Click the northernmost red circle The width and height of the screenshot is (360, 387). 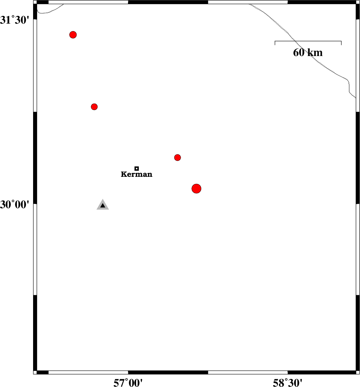click(73, 35)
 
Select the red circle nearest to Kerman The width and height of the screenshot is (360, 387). click(177, 158)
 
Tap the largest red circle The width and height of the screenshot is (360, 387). click(197, 189)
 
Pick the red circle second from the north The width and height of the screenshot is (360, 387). click(94, 107)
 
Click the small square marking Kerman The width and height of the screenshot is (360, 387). click(137, 169)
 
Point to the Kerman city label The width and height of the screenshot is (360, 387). click(137, 174)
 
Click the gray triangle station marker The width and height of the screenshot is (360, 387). click(103, 205)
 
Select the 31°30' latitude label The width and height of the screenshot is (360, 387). click(15, 20)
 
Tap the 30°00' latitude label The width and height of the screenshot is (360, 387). click(15, 204)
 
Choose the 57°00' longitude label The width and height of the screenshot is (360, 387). click(128, 383)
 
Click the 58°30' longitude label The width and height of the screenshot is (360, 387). click(288, 383)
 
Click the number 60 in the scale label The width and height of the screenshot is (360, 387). click(299, 53)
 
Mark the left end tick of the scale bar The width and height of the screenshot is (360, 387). click(275, 43)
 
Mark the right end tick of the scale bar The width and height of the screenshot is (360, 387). click(341, 43)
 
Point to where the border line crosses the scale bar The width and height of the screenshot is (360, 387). click(293, 41)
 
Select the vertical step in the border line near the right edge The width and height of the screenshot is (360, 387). click(349, 86)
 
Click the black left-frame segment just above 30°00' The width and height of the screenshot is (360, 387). click(35, 158)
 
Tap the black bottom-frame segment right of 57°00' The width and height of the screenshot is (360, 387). click(168, 372)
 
